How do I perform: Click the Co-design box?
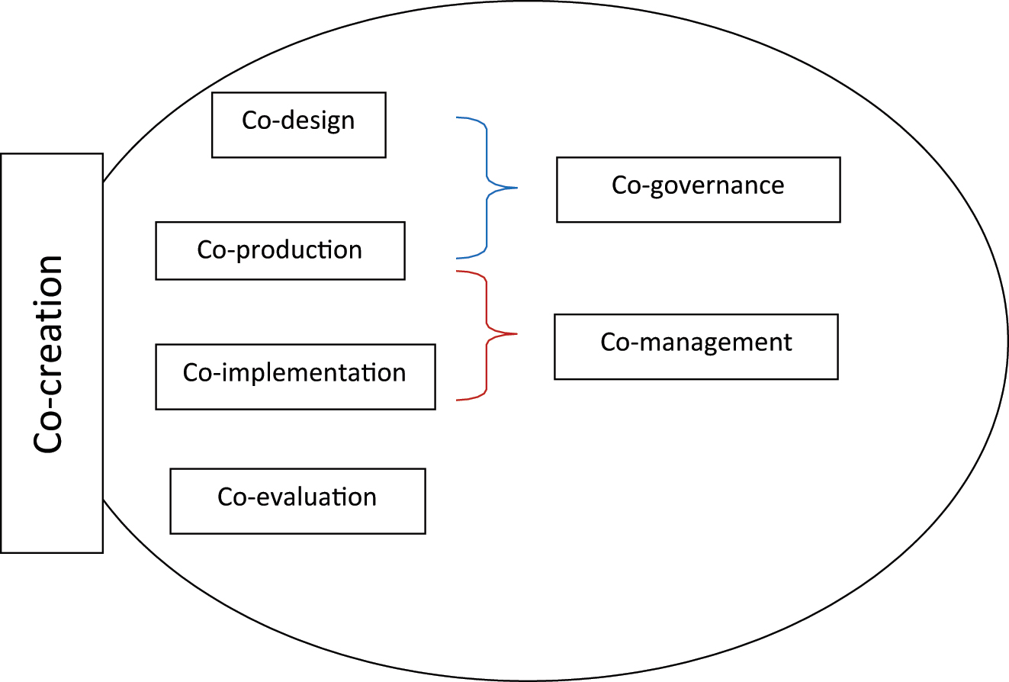click(298, 125)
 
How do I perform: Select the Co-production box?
click(280, 251)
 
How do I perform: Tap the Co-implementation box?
click(295, 376)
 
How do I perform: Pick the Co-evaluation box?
click(297, 500)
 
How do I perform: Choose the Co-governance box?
click(698, 189)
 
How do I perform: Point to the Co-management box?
click(696, 346)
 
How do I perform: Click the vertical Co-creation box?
click(52, 352)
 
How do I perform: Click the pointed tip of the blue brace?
click(516, 188)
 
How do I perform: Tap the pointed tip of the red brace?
click(516, 333)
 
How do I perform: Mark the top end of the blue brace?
click(457, 117)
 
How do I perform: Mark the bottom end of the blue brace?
click(457, 258)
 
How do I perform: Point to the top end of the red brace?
click(457, 271)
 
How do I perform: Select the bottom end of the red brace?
click(457, 399)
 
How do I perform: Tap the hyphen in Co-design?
click(277, 121)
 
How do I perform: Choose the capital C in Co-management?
click(609, 342)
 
